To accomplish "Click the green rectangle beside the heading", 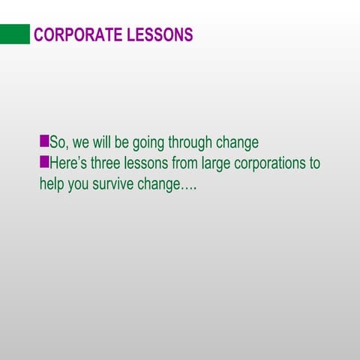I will (x=15, y=34).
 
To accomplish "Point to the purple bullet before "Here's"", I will (x=44, y=161).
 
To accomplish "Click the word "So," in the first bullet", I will (x=59, y=142).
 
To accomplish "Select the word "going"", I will (x=148, y=143).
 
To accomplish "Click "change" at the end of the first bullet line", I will (x=238, y=143).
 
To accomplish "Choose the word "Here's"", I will (x=67, y=163).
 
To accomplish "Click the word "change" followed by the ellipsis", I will (x=159, y=184).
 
